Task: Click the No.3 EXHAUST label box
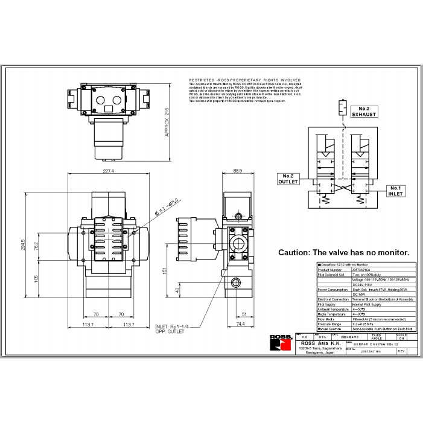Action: [x=364, y=111]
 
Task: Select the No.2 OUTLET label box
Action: [x=288, y=179]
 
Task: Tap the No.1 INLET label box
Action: [x=395, y=190]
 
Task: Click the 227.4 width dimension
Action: [x=109, y=171]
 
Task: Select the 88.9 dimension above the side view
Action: [x=237, y=171]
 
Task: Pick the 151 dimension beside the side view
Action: [x=164, y=271]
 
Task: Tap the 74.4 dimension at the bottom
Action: [x=240, y=325]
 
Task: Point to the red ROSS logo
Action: [x=281, y=345]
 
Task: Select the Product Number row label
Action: [x=330, y=270]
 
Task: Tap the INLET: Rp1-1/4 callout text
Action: [x=172, y=326]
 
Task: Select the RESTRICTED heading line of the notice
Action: [x=244, y=79]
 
